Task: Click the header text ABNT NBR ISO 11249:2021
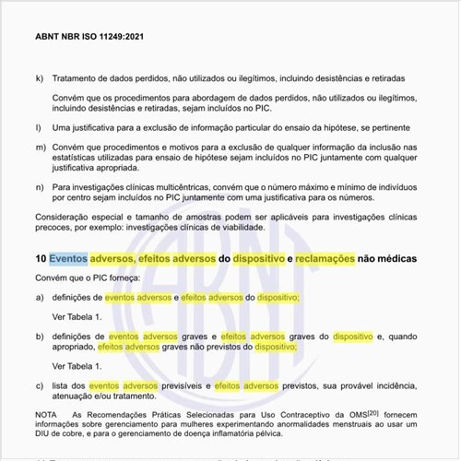89,38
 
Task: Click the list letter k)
39,78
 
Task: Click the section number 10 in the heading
41,260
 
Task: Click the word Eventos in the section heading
68,260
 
